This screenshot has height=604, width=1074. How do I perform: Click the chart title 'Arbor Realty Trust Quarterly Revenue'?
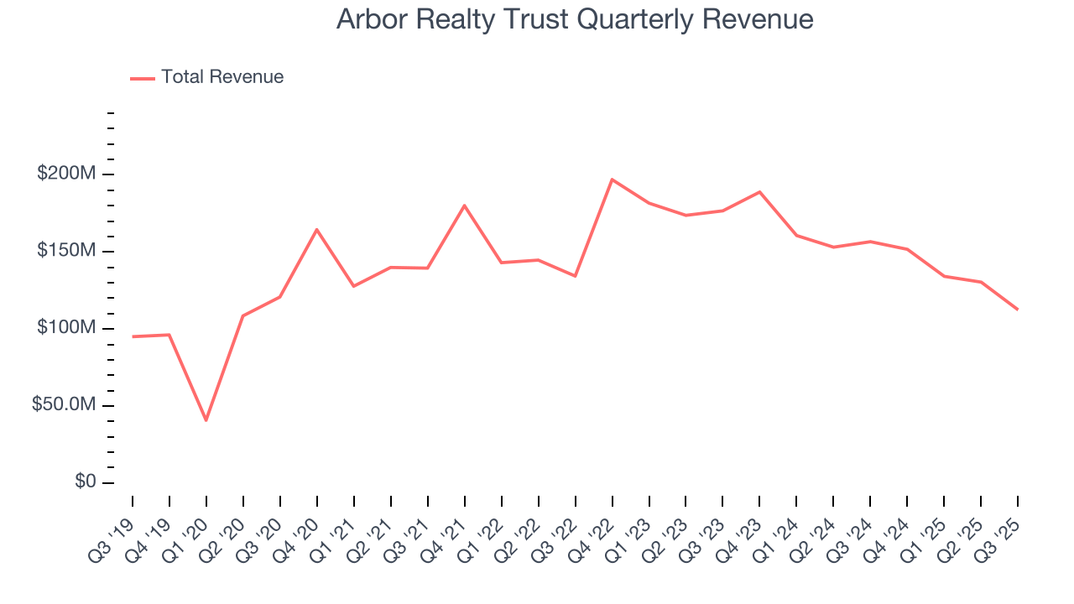(x=575, y=19)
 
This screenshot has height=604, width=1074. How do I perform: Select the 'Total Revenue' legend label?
(x=222, y=77)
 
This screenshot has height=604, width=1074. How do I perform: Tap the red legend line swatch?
(x=143, y=78)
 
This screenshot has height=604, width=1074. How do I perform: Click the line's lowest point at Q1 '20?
(x=206, y=420)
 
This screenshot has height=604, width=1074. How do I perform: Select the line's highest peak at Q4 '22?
(x=613, y=180)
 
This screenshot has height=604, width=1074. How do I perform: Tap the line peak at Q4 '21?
(x=465, y=206)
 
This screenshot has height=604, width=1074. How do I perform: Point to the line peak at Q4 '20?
(x=317, y=229)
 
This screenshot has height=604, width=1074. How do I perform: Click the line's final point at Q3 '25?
(x=1018, y=310)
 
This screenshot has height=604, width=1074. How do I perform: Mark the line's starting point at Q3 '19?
(x=133, y=336)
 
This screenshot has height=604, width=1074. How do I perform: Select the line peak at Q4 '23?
(x=760, y=192)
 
